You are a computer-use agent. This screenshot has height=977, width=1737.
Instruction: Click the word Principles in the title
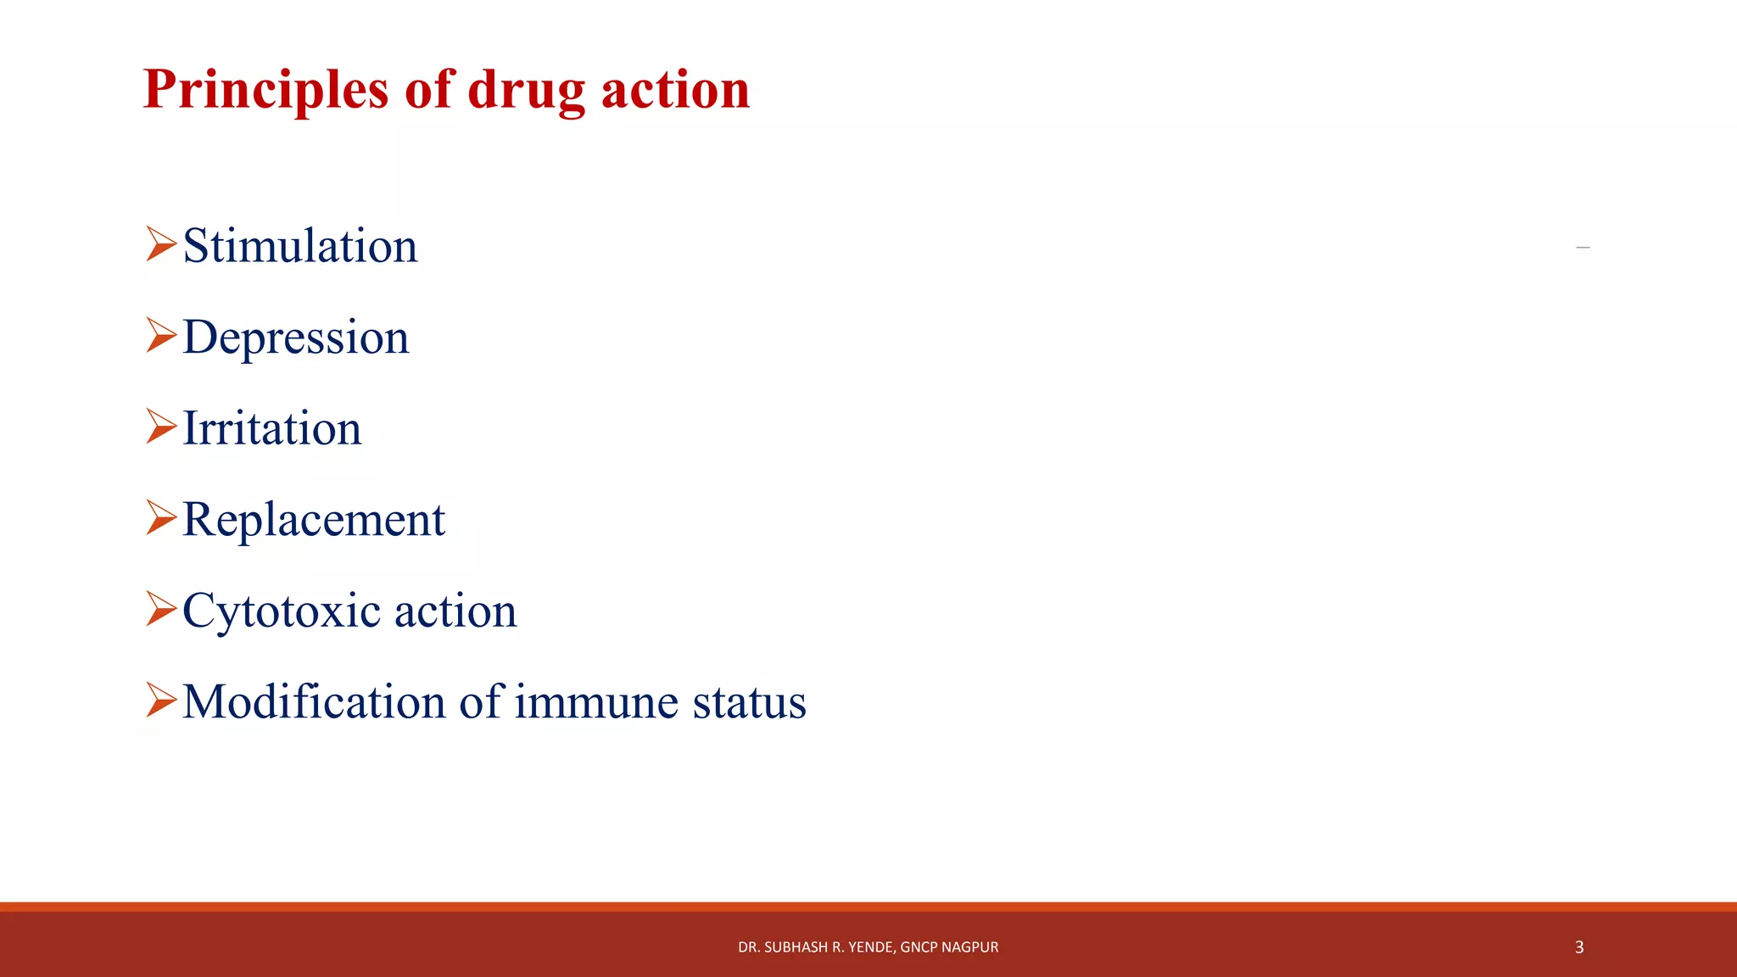(x=265, y=90)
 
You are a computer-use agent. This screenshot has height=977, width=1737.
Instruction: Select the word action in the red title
(x=675, y=90)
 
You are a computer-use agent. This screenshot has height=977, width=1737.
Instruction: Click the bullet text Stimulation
(x=300, y=246)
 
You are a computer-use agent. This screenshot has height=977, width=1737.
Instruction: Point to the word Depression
(x=296, y=338)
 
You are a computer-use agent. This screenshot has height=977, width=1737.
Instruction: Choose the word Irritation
(x=272, y=428)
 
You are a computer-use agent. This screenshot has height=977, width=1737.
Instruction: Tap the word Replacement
(x=314, y=520)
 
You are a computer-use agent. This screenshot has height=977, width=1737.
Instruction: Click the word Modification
(x=315, y=702)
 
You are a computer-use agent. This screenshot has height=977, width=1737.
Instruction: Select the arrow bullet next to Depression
(x=160, y=335)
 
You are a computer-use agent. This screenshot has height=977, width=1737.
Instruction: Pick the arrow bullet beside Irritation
(x=160, y=426)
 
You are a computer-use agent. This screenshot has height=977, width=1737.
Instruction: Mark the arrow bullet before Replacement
(x=160, y=517)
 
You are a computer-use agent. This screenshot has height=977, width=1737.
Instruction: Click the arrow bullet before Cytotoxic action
(x=160, y=609)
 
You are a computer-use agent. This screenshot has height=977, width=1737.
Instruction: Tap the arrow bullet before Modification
(x=160, y=700)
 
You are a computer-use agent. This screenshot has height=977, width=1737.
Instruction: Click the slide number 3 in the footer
(x=1579, y=947)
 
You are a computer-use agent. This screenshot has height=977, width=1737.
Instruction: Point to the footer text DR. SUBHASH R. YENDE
(x=815, y=947)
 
